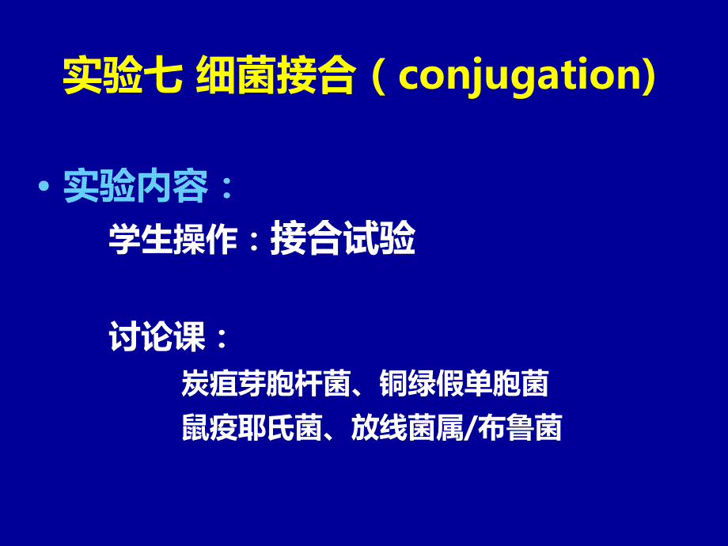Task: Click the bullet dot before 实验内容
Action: pos(44,187)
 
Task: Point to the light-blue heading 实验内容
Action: pos(135,187)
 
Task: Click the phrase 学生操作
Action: pos(173,239)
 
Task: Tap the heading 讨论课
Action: pos(157,336)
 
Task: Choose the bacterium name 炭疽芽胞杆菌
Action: pos(266,383)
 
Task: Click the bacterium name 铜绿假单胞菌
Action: pos(464,383)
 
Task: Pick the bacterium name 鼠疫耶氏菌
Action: pos(252,427)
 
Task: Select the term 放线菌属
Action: pos(408,427)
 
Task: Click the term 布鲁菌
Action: pos(520,427)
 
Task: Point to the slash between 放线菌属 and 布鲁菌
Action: pos(471,427)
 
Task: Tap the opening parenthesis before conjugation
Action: pos(379,77)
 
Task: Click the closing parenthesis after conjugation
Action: pos(650,77)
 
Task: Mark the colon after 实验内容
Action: pos(227,188)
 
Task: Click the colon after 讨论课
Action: pos(222,338)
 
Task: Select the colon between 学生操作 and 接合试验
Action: pos(254,240)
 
